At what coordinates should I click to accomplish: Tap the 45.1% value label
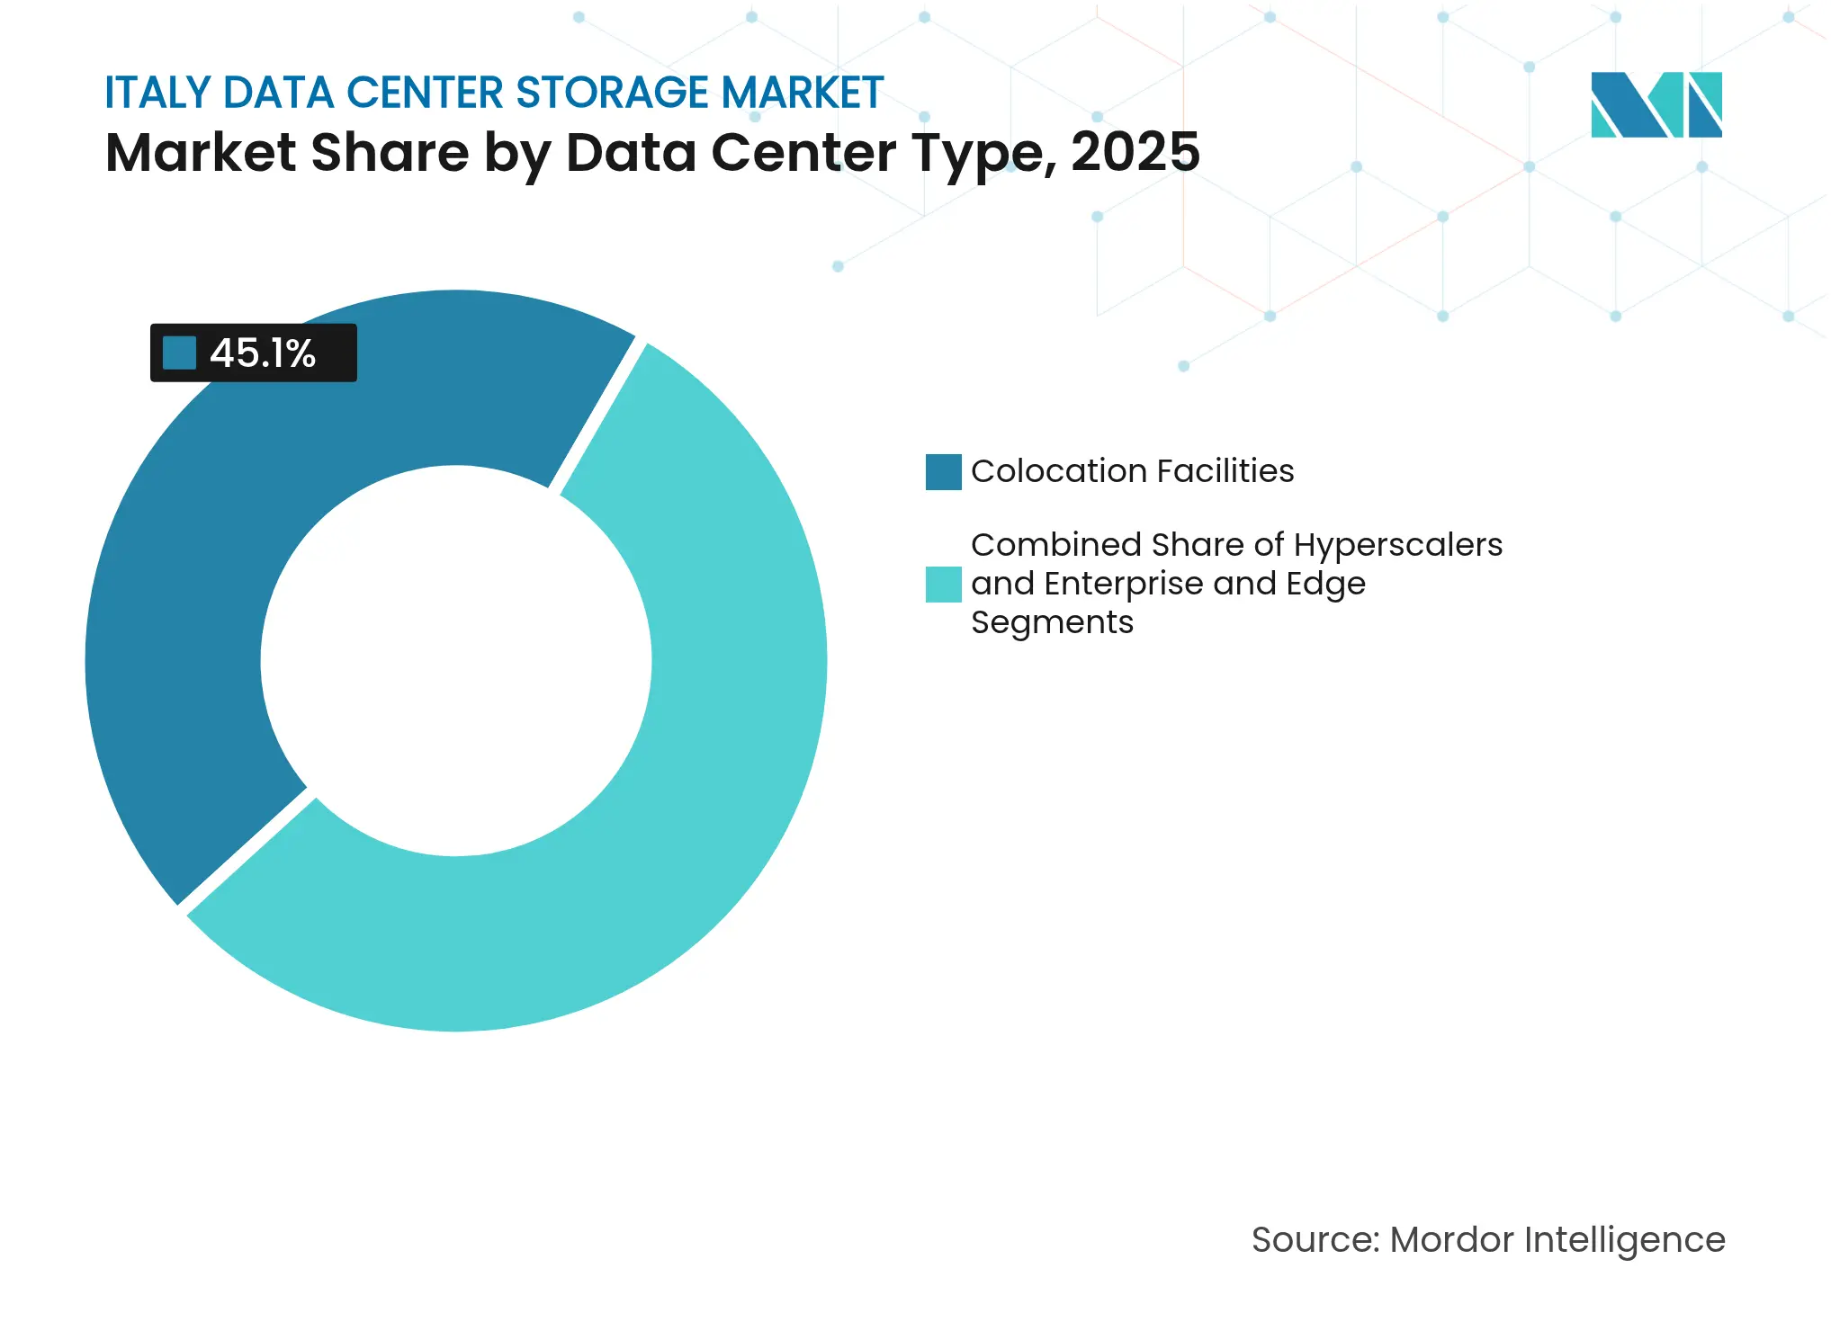[x=262, y=353]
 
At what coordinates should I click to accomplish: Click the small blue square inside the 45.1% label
[x=179, y=353]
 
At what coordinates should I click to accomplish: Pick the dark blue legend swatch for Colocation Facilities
[x=943, y=472]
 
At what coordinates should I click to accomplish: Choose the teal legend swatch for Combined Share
[x=943, y=585]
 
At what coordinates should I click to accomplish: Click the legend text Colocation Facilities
[x=1132, y=471]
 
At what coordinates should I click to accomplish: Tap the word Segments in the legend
[x=1052, y=622]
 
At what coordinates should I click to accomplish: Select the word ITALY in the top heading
[x=157, y=93]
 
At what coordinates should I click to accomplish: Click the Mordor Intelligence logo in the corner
[x=1656, y=105]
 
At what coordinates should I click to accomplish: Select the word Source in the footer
[x=1313, y=1240]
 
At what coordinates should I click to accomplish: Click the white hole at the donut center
[x=456, y=661]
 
